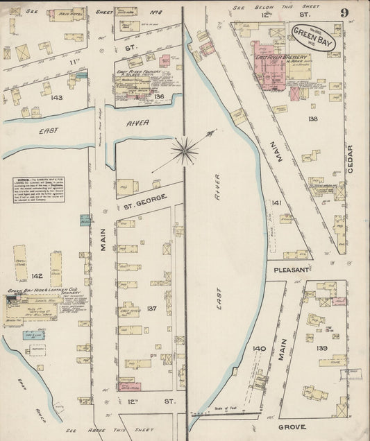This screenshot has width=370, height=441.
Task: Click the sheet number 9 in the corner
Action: click(x=344, y=13)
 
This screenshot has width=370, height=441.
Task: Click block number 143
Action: click(x=57, y=97)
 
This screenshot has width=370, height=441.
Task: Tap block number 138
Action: click(x=313, y=119)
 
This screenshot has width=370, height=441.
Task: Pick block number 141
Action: click(x=277, y=203)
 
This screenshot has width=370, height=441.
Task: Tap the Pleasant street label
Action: click(x=290, y=269)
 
